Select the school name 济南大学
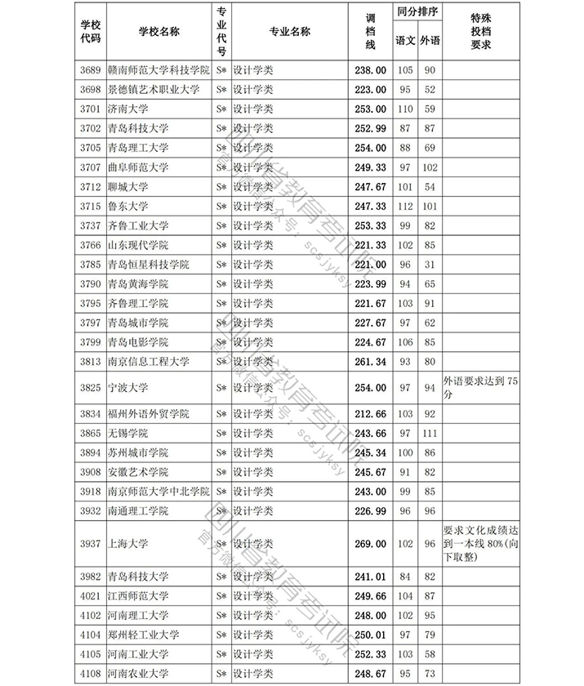click(x=127, y=109)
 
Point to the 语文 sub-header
click(x=405, y=40)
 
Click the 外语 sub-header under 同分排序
click(x=430, y=40)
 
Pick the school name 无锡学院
click(x=127, y=433)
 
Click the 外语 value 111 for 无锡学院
click(x=430, y=433)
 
